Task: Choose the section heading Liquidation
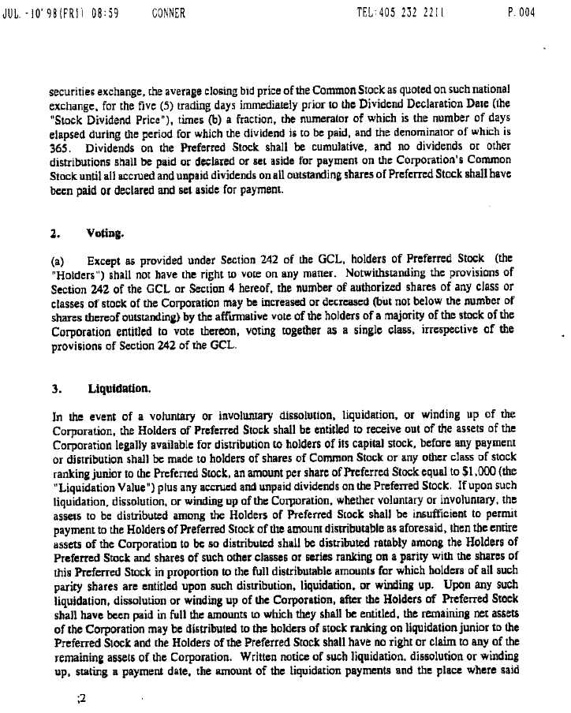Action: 118,389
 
